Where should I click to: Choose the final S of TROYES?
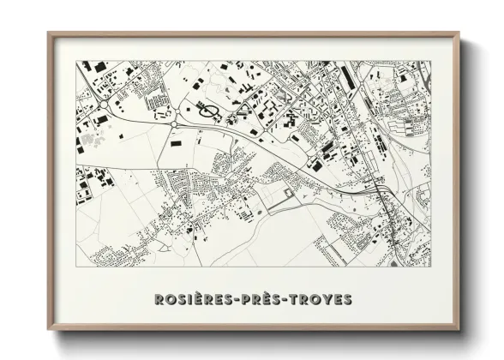click(x=347, y=299)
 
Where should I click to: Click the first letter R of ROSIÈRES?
click(x=159, y=299)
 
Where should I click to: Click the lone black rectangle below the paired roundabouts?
click(x=177, y=144)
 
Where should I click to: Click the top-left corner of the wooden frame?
click(x=50, y=34)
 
